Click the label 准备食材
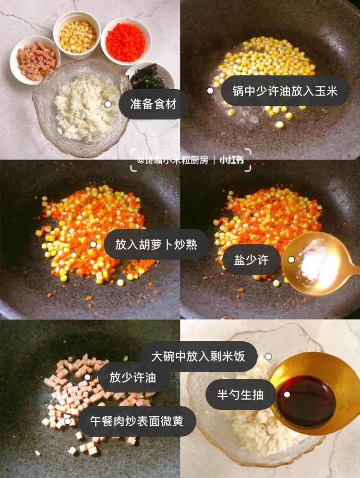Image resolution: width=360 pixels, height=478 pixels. click(x=153, y=104)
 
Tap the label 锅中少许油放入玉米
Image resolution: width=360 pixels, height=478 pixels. click(x=285, y=91)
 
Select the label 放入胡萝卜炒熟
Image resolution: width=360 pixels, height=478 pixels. click(x=156, y=244)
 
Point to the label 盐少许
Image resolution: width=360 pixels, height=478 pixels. click(x=251, y=260)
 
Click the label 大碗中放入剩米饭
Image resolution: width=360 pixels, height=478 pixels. click(x=198, y=357)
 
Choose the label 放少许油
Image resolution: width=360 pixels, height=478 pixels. click(x=133, y=377)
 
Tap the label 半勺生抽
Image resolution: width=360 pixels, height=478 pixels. click(x=240, y=394)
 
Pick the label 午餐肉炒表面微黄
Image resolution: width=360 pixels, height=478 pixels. click(x=137, y=421)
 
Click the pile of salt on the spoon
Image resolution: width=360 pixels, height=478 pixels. click(x=313, y=261)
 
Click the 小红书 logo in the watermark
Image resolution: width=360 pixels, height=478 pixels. click(x=232, y=160)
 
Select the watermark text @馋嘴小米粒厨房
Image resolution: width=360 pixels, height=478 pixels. click(x=172, y=160)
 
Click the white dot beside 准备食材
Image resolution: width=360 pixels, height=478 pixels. click(x=108, y=104)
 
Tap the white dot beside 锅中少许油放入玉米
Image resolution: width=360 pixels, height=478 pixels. click(x=210, y=91)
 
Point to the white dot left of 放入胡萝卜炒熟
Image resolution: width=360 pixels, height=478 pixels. click(x=93, y=244)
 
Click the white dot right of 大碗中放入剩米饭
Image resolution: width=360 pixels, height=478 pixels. click(x=268, y=357)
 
